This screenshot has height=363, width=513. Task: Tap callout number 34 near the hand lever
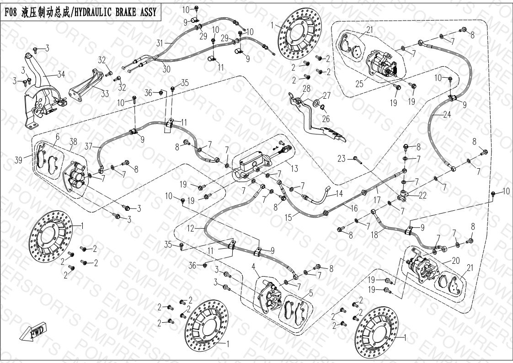pos(60,75)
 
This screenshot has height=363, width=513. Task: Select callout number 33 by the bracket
pos(105,94)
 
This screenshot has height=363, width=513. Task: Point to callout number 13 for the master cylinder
pos(294,169)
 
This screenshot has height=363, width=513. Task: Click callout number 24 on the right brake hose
pos(447,115)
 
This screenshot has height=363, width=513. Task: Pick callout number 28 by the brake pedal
pos(306,88)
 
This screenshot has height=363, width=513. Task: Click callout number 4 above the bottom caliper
pos(252,266)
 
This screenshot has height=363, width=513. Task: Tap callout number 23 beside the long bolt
pos(341,159)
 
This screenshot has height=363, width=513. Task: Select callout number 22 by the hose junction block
pos(422,195)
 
